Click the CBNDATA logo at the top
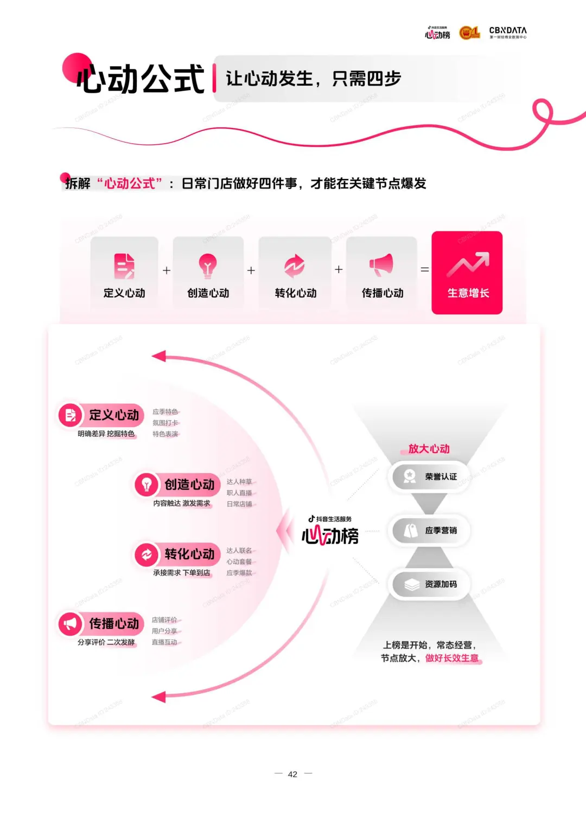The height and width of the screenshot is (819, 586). pyautogui.click(x=507, y=33)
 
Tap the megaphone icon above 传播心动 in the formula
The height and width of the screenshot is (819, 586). pyautogui.click(x=381, y=265)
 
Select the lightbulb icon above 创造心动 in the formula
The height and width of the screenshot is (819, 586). pyautogui.click(x=207, y=265)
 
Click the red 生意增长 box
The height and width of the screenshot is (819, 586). pyautogui.click(x=467, y=273)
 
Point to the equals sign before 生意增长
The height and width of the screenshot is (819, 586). pyautogui.click(x=425, y=269)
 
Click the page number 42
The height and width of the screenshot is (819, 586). pyautogui.click(x=292, y=774)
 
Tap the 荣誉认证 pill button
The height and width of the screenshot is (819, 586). pyautogui.click(x=430, y=476)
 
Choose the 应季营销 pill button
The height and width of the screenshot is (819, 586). pyautogui.click(x=430, y=530)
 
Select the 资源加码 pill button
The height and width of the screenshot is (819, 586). pyautogui.click(x=430, y=584)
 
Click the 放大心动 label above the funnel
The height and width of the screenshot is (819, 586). pyautogui.click(x=429, y=449)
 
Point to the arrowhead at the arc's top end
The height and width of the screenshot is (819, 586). pyautogui.click(x=159, y=356)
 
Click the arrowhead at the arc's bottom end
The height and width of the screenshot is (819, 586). pyautogui.click(x=159, y=697)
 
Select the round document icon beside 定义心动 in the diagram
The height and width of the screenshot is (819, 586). pyautogui.click(x=70, y=415)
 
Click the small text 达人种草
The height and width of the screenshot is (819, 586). pyautogui.click(x=239, y=482)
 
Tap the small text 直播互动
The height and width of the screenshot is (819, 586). pyautogui.click(x=164, y=642)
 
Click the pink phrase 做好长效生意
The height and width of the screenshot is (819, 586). pyautogui.click(x=452, y=658)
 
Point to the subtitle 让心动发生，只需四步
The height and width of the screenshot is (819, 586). pyautogui.click(x=313, y=79)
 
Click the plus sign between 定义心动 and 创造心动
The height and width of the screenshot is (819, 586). pyautogui.click(x=167, y=270)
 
